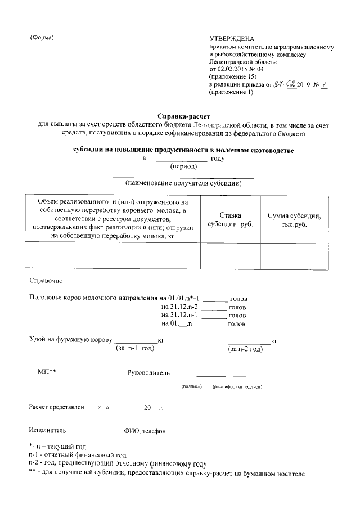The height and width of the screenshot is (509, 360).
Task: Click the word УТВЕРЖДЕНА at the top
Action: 232,37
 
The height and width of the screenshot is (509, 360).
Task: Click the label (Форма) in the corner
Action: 42,38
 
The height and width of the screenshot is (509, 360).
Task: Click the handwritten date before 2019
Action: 285,84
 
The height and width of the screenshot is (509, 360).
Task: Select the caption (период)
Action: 183,166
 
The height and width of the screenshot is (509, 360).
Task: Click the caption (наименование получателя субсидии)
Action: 183,183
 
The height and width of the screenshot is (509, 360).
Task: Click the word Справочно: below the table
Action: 47,280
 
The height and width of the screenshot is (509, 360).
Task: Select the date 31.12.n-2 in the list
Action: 179,307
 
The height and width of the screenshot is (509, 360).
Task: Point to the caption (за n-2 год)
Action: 245,349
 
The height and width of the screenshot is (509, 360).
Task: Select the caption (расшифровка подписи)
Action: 237,387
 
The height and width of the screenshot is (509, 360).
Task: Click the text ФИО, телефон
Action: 145,431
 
